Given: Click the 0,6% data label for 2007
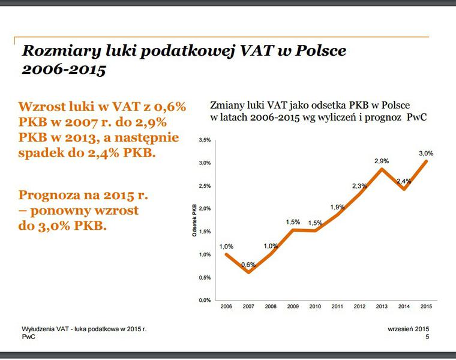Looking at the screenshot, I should click(248, 265).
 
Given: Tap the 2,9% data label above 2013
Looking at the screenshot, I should click(382, 161).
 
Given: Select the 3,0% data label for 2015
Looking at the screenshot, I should click(426, 154).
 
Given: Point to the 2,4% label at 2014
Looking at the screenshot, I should click(404, 181).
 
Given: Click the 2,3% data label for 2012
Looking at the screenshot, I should click(359, 186).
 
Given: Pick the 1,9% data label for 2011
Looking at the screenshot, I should click(337, 207).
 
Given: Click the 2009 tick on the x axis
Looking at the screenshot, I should click(293, 307).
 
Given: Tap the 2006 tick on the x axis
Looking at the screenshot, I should click(226, 307).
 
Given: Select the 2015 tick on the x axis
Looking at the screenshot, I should click(425, 307).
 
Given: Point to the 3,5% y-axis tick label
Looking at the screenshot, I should click(205, 140).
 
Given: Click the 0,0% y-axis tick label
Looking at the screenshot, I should click(205, 300).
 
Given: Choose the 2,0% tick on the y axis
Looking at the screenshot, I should click(205, 209).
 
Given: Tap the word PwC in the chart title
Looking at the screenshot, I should click(416, 116).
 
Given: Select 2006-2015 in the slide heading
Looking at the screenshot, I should click(64, 70).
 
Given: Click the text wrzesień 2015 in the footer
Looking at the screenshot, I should click(409, 329).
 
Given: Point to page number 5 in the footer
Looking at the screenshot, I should click(427, 337).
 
